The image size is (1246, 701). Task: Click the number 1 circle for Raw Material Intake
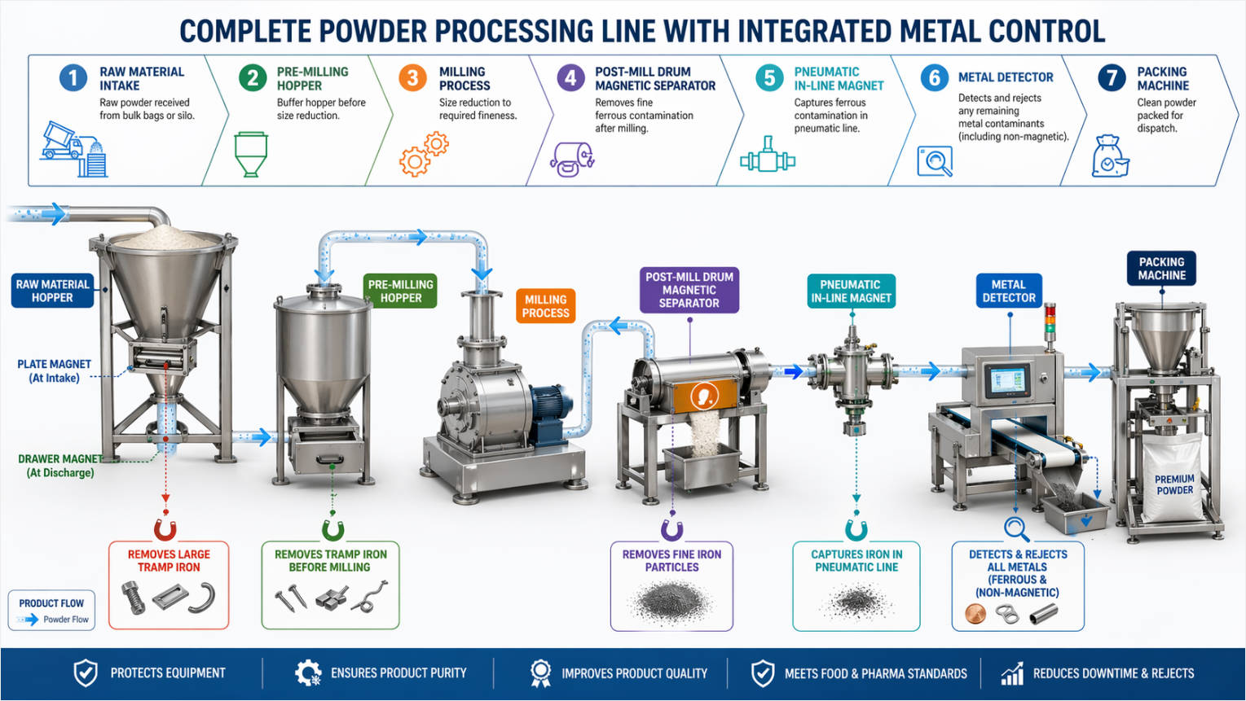tap(73, 78)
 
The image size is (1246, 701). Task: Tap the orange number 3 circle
tap(413, 78)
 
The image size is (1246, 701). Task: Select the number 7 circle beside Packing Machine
tap(1112, 78)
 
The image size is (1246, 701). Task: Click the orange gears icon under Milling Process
tap(423, 155)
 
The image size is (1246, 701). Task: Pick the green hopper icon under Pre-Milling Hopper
tap(250, 154)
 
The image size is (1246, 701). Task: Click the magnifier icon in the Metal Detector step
tap(935, 161)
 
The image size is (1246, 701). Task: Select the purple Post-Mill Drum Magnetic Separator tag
tap(689, 290)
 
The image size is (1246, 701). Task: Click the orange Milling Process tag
tap(545, 306)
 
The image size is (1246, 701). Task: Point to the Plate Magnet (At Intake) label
tap(54, 371)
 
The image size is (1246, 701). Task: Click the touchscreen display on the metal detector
tap(1006, 381)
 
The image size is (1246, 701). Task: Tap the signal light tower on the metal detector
tap(1050, 322)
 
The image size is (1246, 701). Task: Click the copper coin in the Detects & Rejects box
tap(975, 615)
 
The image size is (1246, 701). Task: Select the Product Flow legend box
tap(51, 611)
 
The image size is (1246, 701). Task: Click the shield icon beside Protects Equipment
tap(86, 673)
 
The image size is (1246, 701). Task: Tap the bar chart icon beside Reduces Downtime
tap(1011, 673)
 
